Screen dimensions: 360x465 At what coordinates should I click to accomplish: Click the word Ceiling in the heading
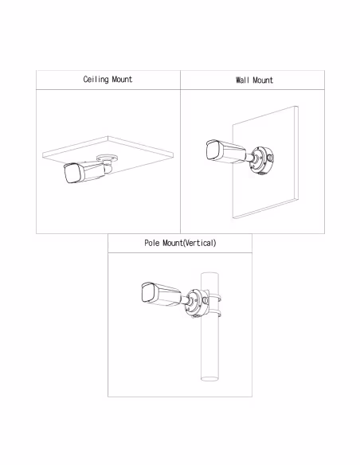(96, 80)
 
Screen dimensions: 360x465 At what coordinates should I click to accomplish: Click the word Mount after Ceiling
(122, 79)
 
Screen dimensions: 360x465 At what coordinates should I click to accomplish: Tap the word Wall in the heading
(242, 80)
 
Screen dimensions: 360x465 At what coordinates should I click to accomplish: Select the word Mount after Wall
(263, 80)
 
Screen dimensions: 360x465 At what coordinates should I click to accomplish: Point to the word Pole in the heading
(152, 243)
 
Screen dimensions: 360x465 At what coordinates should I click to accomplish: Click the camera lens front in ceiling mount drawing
(72, 174)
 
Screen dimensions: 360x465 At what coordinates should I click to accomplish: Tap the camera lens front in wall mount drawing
(213, 150)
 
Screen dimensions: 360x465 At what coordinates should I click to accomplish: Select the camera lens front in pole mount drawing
(149, 292)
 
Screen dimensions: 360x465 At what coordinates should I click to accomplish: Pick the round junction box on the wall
(261, 159)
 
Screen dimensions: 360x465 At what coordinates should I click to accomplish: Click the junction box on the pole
(197, 303)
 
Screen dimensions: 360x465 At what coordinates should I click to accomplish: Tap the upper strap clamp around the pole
(215, 298)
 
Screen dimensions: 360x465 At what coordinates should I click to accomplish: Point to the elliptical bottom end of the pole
(209, 378)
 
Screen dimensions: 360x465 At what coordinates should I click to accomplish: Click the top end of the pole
(209, 274)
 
